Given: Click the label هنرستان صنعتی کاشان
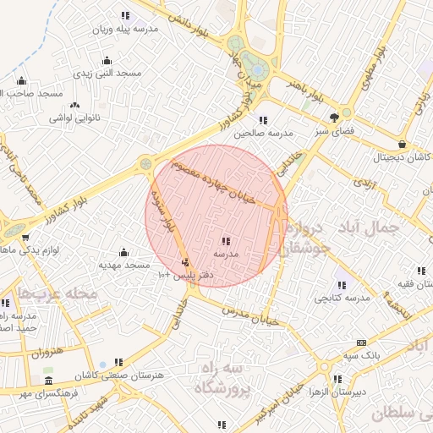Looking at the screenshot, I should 118,374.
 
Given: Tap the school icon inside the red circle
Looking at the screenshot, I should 226,242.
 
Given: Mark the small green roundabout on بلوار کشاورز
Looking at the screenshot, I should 145,163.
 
